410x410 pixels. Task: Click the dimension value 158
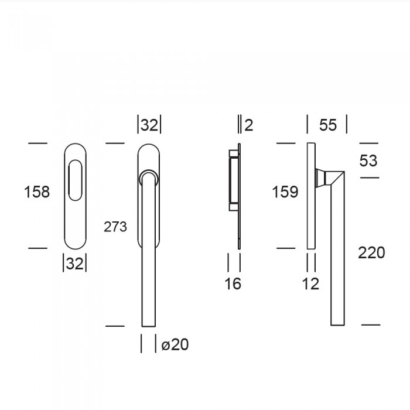[x=36, y=192]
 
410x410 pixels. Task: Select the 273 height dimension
[x=115, y=227]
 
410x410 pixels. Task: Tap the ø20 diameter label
[x=175, y=344]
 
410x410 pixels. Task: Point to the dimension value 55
[x=328, y=125]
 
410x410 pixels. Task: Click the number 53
[x=368, y=160]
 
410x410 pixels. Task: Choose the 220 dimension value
[x=371, y=252]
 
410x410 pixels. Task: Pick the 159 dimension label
[x=285, y=192]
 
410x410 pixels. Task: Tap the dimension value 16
[x=233, y=283]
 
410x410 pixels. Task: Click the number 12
[x=310, y=283]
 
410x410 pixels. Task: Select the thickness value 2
[x=249, y=125]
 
